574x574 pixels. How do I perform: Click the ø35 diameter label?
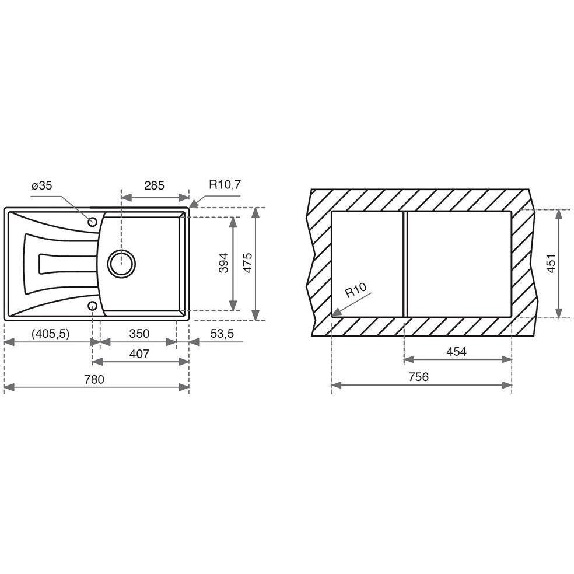tap(42, 185)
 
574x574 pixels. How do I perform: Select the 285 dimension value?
tap(154, 185)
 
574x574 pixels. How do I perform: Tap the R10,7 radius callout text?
tap(225, 184)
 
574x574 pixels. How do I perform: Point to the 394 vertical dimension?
tap(223, 263)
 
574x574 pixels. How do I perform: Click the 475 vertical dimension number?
tap(248, 263)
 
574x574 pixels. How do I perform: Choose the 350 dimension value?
tap(139, 334)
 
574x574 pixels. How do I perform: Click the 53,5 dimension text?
tap(222, 334)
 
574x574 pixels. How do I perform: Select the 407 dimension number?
tap(139, 354)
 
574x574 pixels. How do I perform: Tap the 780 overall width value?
tap(94, 379)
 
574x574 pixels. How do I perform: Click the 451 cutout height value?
tap(551, 263)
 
